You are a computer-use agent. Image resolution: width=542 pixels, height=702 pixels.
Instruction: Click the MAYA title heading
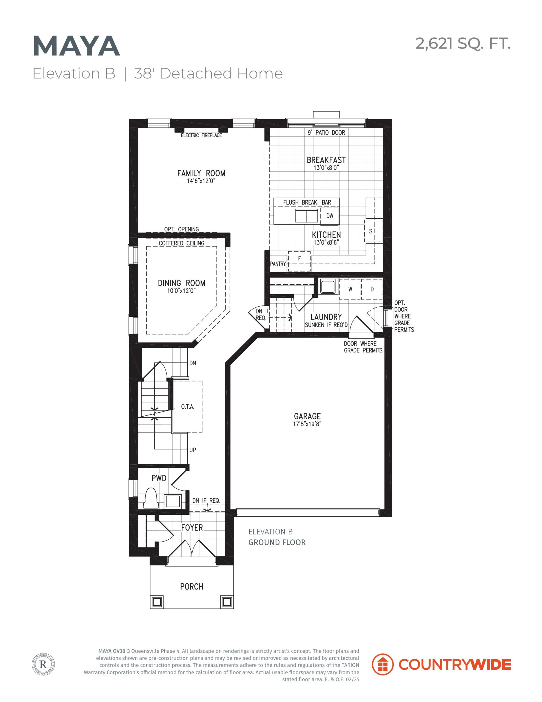pos(76,46)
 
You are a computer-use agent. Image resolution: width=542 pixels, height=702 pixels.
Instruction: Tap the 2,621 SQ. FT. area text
pos(463,43)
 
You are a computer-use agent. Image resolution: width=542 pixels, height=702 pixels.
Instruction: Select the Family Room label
pos(201,173)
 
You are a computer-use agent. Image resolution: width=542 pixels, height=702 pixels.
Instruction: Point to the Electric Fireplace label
pos(201,135)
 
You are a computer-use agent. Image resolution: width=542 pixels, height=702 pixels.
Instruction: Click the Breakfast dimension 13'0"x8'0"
pos(326,168)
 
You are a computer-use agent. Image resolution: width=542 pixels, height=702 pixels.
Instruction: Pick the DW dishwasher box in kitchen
pos(329,216)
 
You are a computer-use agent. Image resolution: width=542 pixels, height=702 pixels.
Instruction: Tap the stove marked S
pos(373,231)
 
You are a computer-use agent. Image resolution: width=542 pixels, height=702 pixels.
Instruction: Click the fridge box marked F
pos(299,261)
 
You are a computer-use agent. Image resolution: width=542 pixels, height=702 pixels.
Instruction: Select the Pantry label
pos(278,264)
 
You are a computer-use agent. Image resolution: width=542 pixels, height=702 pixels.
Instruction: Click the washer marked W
pos(350,289)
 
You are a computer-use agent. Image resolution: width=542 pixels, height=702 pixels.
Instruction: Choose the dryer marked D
pos(372,289)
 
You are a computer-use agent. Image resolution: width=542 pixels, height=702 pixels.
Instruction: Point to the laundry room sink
pos(327,286)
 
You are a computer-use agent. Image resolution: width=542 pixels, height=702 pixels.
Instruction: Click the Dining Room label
pos(181,283)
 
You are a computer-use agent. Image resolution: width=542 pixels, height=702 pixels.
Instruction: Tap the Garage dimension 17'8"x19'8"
pos(307,424)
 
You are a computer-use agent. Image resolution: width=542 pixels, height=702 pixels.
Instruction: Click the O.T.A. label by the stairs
pos(188,407)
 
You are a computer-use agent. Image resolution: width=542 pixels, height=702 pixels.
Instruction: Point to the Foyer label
pos(192,528)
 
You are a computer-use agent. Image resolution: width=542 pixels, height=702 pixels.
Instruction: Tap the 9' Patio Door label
pos(326,132)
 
